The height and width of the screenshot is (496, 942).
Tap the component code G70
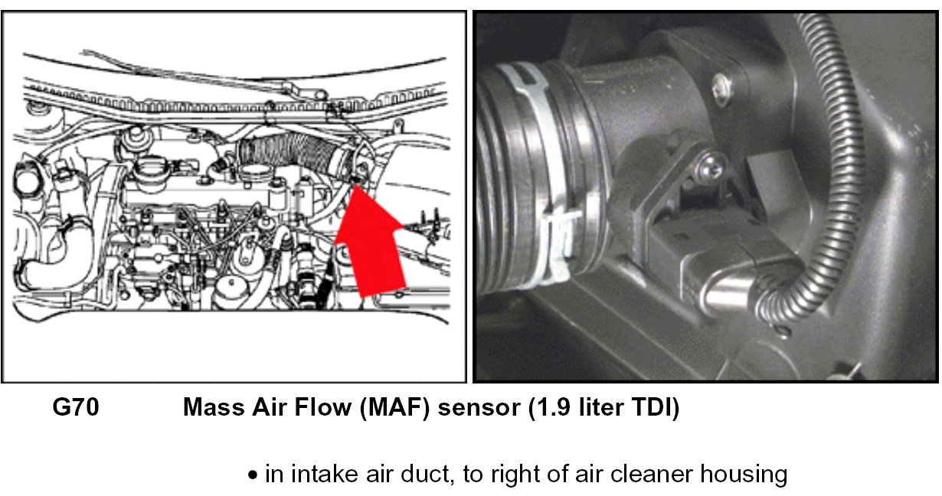(x=75, y=408)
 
